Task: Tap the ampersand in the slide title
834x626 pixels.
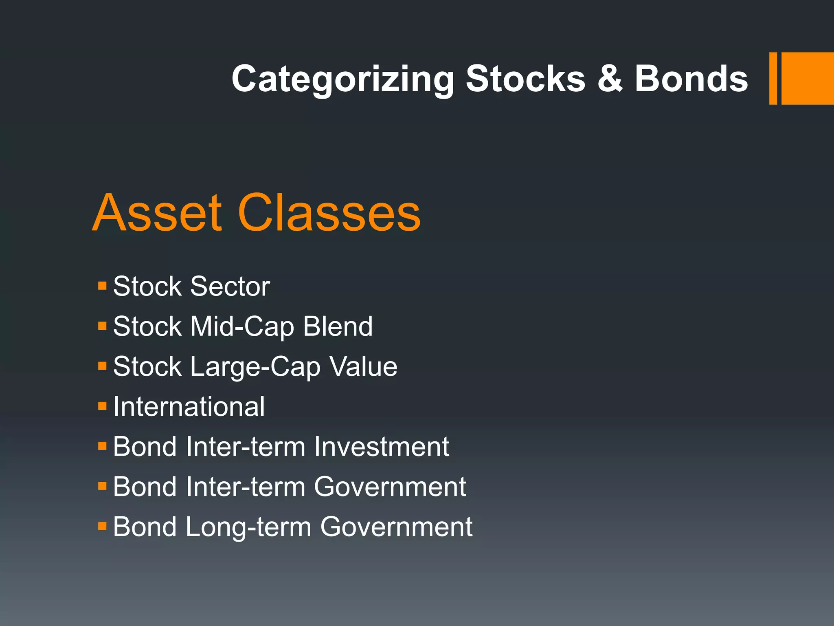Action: pos(610,79)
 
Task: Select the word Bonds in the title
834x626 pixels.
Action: pos(691,79)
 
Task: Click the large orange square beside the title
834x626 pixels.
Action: pos(807,79)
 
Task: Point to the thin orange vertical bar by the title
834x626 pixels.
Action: pos(773,79)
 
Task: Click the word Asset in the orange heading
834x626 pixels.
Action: pos(158,213)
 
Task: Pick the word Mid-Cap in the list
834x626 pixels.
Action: pos(242,327)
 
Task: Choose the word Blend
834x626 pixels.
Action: pos(338,326)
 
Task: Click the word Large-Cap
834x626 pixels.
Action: pos(255,367)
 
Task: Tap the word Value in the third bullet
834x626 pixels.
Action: pos(363,366)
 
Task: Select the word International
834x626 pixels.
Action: pos(189,407)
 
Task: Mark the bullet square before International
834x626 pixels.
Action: pos(102,406)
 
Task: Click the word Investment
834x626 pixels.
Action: pos(382,447)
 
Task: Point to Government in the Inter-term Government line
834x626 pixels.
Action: pos(390,487)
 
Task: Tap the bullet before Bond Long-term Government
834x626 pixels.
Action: pos(102,526)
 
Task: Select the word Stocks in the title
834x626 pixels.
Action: pos(525,79)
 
